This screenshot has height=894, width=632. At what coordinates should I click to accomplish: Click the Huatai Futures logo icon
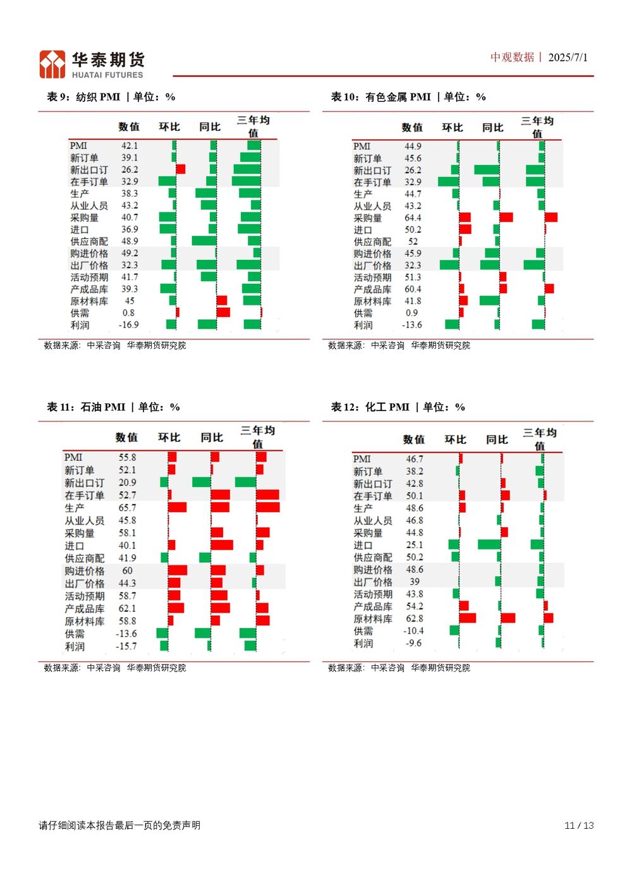(x=52, y=64)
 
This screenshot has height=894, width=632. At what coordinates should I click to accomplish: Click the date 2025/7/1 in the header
(x=568, y=58)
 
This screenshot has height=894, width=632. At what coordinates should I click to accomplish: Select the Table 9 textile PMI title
(x=111, y=97)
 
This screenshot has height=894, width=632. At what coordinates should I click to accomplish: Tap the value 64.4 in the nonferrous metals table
(x=413, y=218)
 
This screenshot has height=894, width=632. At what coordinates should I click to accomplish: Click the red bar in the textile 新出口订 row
(x=180, y=169)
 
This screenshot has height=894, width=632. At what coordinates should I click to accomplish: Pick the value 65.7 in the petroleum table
(x=127, y=508)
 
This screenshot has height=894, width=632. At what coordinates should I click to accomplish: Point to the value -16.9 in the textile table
(x=128, y=325)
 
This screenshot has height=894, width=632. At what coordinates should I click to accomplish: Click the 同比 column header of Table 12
(x=497, y=439)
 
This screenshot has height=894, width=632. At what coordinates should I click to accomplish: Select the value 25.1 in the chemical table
(x=415, y=545)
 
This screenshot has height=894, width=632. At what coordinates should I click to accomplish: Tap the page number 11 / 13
(x=579, y=825)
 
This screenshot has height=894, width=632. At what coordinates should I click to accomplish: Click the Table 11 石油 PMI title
(x=113, y=407)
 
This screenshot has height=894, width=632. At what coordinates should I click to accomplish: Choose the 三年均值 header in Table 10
(x=537, y=127)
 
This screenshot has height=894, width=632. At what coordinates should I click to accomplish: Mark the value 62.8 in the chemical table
(x=415, y=618)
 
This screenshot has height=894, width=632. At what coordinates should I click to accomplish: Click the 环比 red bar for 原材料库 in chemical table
(x=467, y=618)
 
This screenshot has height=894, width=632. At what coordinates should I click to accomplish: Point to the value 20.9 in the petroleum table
(x=127, y=482)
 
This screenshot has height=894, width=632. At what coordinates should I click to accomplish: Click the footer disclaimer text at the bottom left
(x=119, y=825)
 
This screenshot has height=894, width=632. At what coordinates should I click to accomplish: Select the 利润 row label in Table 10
(x=363, y=325)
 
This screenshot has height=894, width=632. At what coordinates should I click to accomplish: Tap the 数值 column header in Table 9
(x=129, y=127)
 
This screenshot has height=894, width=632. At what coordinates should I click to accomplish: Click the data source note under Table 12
(x=399, y=668)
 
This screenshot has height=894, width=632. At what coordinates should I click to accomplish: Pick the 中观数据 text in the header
(x=513, y=58)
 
